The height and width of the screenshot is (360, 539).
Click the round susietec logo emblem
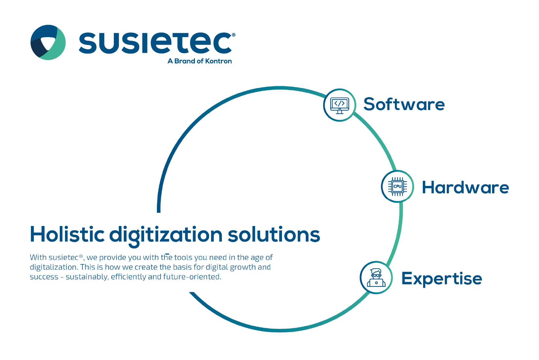[x=48, y=42]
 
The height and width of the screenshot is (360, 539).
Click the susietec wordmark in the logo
[x=156, y=43]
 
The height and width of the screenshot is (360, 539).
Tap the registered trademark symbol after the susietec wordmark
[x=233, y=35]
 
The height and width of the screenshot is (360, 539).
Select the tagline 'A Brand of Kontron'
[x=200, y=61]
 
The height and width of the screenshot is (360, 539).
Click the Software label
[x=404, y=104]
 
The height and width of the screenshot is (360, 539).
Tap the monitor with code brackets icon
[x=339, y=105]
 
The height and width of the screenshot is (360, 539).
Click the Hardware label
[x=465, y=187]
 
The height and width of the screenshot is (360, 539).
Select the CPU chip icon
[x=397, y=186]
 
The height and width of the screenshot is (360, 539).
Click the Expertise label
[x=442, y=279]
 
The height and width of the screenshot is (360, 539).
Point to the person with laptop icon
[x=376, y=278]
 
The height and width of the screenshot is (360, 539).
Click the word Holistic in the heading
[x=67, y=234]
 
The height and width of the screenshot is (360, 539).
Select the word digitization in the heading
[x=166, y=236]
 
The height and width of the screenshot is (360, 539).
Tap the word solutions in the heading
[x=274, y=234]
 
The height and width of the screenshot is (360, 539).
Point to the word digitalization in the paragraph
[x=54, y=267]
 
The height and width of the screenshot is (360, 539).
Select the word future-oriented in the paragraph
[x=192, y=277]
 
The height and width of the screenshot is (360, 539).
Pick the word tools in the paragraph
[x=183, y=258]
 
